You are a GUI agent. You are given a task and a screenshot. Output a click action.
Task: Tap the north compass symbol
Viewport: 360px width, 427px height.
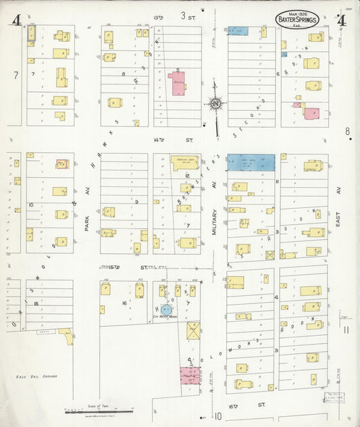click(x=216, y=104)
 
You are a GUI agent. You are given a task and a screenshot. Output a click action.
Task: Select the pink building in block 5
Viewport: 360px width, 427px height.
click(x=178, y=84)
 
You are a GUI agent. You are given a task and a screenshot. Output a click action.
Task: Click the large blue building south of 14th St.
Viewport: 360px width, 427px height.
click(x=251, y=162)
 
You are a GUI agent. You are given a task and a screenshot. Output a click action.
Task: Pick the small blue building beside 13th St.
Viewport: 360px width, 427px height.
click(x=238, y=31)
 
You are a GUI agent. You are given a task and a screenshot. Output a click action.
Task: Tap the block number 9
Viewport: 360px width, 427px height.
click(x=136, y=201)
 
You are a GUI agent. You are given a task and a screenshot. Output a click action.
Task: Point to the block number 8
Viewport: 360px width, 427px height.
click(x=124, y=74)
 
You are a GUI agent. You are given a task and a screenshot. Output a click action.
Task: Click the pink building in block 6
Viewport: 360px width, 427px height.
click(x=311, y=112)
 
